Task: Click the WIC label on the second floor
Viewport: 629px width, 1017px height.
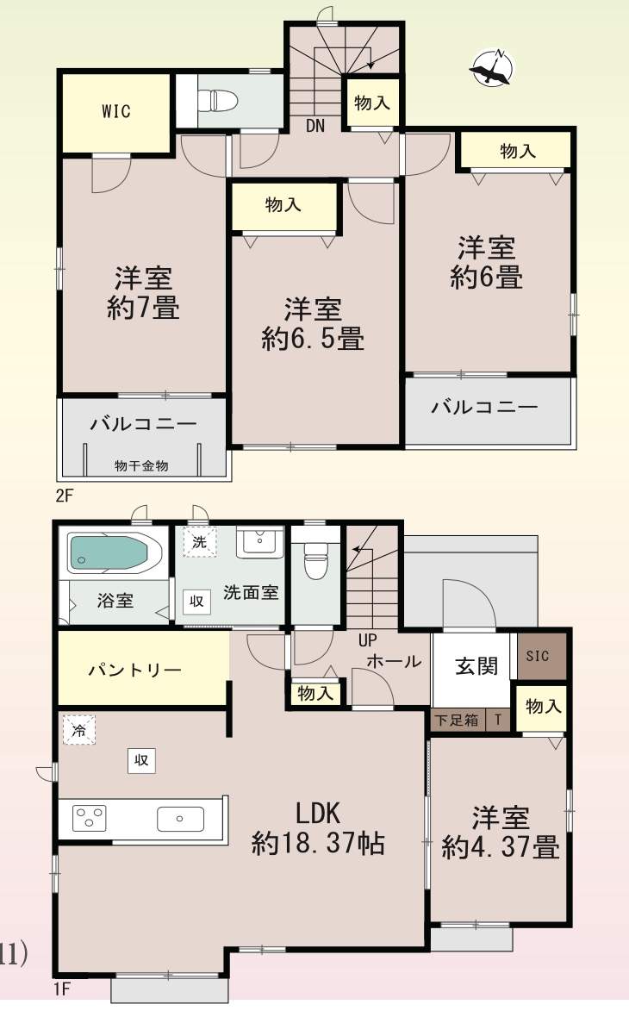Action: point(115,111)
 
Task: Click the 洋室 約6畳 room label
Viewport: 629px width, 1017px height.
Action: point(487,263)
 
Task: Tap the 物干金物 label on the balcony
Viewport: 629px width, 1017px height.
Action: point(141,466)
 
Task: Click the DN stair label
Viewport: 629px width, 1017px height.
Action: point(314,126)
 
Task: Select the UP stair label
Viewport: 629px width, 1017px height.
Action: point(368,641)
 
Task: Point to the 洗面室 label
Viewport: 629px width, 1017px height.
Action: point(251,593)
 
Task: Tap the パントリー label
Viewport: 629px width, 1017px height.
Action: point(134,671)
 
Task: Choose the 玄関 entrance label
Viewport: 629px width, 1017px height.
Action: point(476,666)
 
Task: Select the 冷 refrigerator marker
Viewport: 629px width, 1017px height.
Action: point(79,729)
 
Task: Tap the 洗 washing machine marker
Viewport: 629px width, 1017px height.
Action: point(200,542)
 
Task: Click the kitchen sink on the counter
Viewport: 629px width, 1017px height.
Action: point(180,818)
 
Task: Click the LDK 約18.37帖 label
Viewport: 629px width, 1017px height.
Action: point(318,827)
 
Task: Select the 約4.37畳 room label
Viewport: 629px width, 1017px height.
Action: point(501,848)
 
